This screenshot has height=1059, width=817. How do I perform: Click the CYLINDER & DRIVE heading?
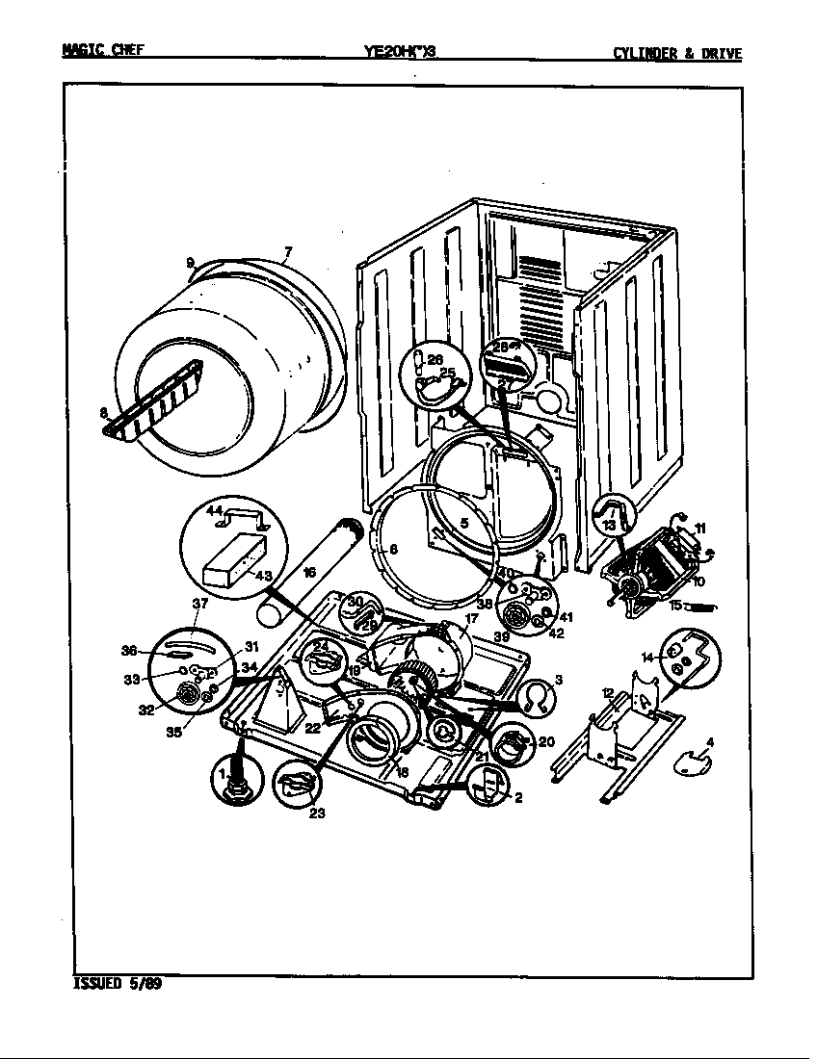(x=677, y=54)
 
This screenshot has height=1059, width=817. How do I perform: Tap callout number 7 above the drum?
(x=286, y=253)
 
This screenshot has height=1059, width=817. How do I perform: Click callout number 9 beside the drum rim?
(x=191, y=262)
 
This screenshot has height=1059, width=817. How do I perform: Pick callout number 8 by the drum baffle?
(x=103, y=413)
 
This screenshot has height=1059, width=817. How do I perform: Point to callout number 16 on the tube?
(x=308, y=572)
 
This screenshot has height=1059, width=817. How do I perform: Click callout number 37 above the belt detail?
(x=199, y=604)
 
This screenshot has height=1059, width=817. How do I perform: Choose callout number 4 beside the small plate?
(x=710, y=741)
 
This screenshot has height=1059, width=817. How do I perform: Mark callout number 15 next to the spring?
(x=676, y=606)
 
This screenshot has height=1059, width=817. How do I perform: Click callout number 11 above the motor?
(x=699, y=528)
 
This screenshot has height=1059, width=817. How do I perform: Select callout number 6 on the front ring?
(x=393, y=550)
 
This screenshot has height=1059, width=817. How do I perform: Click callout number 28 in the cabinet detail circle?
(x=500, y=347)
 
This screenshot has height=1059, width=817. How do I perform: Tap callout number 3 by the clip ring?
(x=559, y=680)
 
